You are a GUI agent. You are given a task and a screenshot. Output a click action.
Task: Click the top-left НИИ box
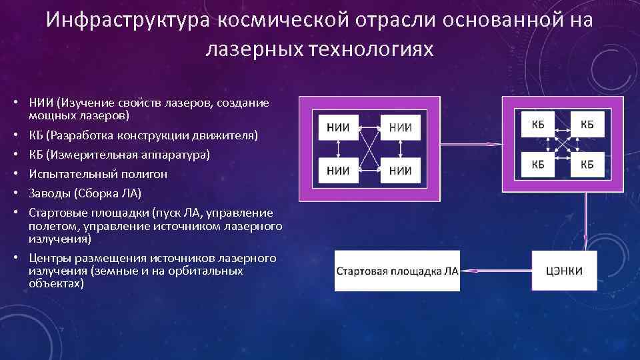[x=339, y=127]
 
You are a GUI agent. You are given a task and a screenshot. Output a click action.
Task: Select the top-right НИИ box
[x=400, y=127]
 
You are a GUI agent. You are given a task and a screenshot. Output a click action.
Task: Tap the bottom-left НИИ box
[x=339, y=170]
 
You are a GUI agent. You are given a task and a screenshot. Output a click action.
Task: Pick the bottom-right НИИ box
[x=400, y=170]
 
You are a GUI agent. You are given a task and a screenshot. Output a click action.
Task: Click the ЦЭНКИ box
[x=564, y=271]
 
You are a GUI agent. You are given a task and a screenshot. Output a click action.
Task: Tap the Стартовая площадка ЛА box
[x=397, y=271]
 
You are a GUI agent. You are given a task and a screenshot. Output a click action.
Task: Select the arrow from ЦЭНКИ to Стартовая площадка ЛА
[x=496, y=271]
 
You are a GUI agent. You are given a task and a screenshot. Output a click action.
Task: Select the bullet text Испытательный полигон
[x=98, y=174]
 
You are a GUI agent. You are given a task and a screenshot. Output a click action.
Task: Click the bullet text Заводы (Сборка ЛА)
[x=85, y=193]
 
